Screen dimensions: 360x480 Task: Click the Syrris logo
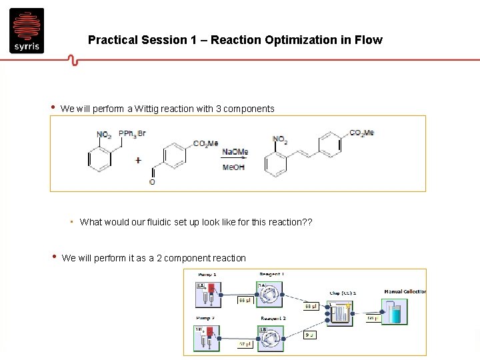[27, 31]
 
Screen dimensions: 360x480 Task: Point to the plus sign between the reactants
[138, 160]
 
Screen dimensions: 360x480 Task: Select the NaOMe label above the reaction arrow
[235, 152]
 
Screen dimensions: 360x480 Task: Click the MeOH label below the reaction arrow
[233, 167]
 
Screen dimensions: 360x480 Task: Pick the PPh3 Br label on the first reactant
[132, 133]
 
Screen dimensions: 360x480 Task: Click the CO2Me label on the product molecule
[361, 133]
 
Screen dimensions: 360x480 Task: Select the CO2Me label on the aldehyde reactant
[206, 143]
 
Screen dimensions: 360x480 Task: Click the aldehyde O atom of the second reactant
[152, 182]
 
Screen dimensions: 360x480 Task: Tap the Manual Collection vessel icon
[393, 311]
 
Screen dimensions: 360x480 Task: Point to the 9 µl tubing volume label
[309, 335]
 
